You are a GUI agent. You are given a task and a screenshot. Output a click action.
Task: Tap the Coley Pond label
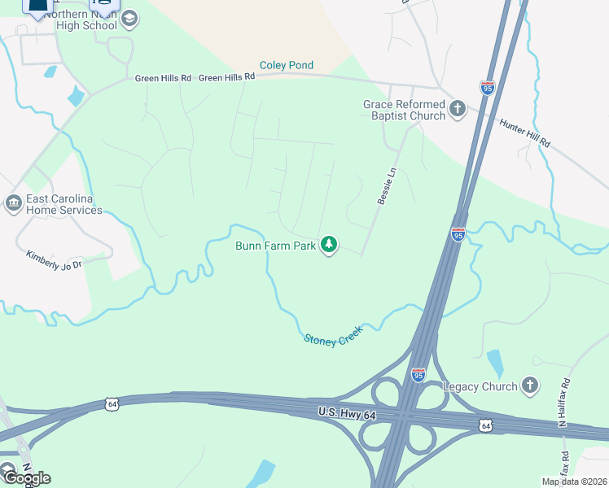[286, 65]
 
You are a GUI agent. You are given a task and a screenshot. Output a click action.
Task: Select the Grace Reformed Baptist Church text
[405, 110]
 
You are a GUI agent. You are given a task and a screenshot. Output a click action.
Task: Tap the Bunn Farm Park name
[275, 245]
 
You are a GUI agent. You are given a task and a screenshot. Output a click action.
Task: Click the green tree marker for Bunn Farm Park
[329, 244]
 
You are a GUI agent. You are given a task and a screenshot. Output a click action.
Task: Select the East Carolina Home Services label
[64, 204]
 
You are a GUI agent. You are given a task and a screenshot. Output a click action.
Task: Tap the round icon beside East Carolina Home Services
[13, 203]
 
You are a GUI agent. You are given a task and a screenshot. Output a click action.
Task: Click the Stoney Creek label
[332, 336]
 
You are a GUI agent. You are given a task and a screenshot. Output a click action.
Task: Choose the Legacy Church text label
[480, 386]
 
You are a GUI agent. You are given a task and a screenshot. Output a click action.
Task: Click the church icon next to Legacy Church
[530, 385]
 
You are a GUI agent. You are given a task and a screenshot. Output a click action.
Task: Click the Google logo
[26, 477]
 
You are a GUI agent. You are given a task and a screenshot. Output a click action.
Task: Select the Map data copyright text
[575, 481]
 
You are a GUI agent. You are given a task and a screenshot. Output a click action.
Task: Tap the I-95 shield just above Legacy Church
[418, 374]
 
